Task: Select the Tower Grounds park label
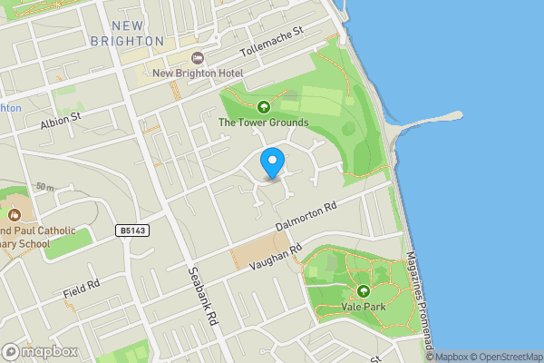264,123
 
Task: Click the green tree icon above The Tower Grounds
264,107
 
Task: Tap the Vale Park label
364,308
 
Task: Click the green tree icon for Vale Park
364,291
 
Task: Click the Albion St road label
61,118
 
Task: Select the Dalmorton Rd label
306,214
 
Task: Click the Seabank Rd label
204,295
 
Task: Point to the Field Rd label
82,289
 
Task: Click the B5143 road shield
132,231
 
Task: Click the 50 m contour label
43,187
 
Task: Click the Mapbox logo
40,352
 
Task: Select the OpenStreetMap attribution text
506,357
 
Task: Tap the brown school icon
15,216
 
